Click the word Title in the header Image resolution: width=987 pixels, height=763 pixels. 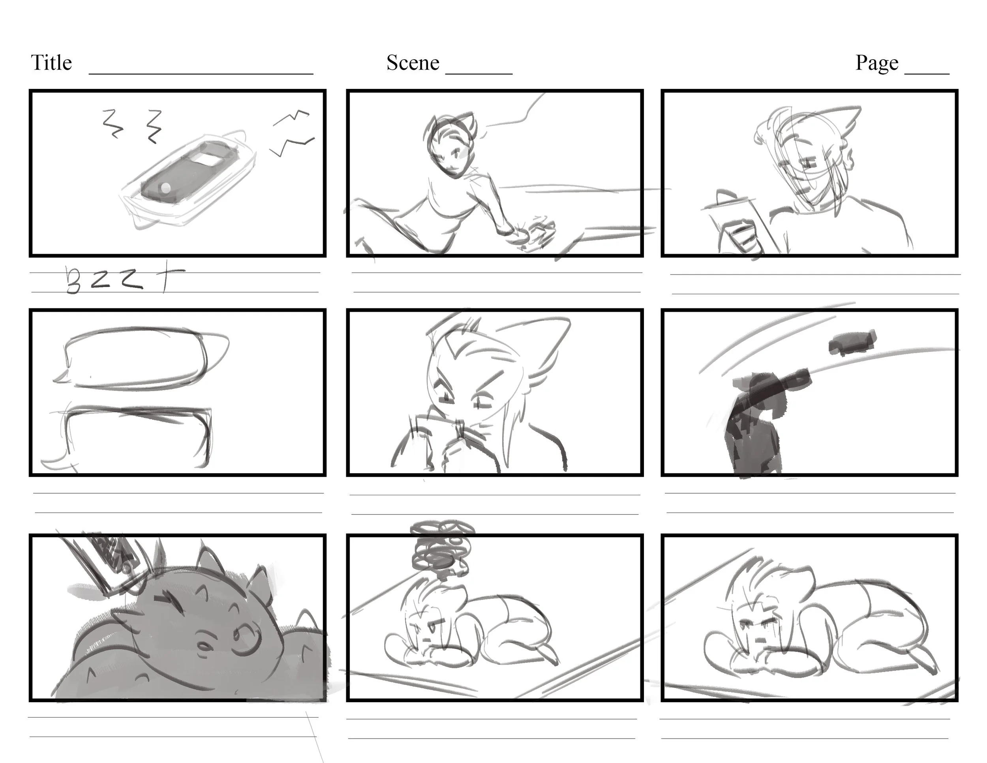(51, 63)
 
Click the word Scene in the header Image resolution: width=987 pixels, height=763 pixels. (413, 63)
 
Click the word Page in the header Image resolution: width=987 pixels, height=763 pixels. (877, 63)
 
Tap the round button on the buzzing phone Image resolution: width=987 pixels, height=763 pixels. (166, 188)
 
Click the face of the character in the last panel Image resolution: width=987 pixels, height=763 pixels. (755, 628)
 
